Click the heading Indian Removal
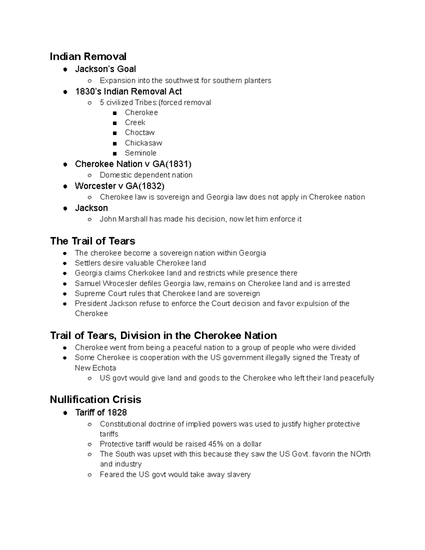tap(88, 57)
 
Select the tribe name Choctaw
tap(140, 133)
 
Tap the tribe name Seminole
tap(140, 153)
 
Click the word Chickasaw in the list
tap(143, 143)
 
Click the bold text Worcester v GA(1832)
tap(119, 186)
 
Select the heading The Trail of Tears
tap(92, 241)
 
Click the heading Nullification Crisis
tap(95, 399)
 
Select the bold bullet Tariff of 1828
tap(101, 413)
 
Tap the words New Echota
tap(95, 368)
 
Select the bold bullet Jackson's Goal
tap(105, 69)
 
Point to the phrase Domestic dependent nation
tap(146, 175)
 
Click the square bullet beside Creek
tap(114, 123)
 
